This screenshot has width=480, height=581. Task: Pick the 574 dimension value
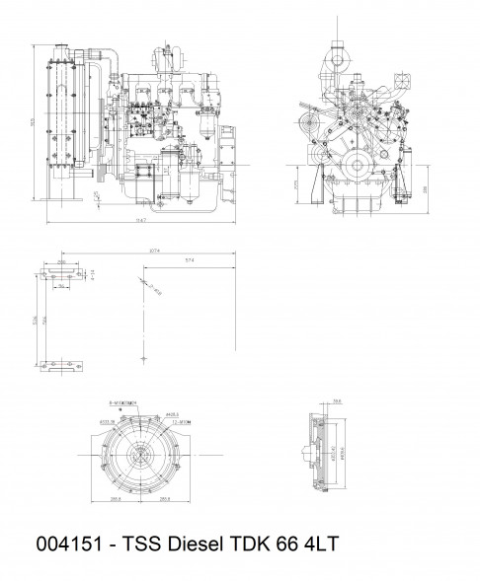tap(188, 260)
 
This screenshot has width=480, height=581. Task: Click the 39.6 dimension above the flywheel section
tap(336, 401)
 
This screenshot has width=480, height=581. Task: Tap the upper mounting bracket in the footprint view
tap(63, 270)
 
